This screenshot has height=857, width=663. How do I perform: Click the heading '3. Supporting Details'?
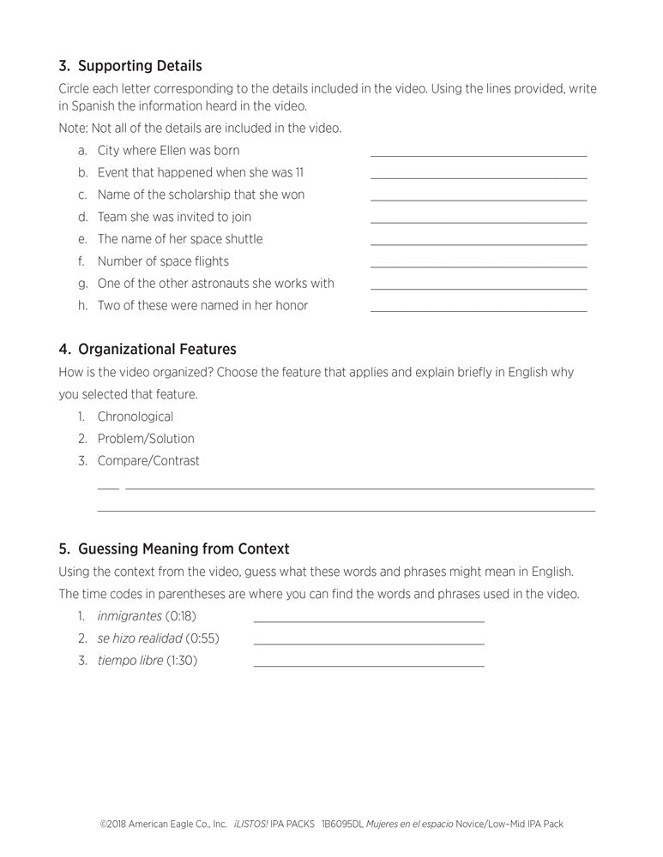coord(130,66)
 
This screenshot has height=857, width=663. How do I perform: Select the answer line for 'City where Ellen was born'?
coord(479,155)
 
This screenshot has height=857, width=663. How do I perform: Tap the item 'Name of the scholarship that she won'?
coord(201,195)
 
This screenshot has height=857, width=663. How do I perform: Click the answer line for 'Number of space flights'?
coord(479,267)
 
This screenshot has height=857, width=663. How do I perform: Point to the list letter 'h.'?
coord(83,305)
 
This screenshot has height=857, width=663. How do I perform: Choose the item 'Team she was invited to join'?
coord(174,217)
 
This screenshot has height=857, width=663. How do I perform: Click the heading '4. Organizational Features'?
coord(148,350)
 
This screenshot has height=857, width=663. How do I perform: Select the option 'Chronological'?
coord(135,417)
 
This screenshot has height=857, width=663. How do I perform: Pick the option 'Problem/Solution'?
coord(146,439)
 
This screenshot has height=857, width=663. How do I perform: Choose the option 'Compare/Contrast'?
coord(148,461)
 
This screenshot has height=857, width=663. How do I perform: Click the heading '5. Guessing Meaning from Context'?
coord(174,548)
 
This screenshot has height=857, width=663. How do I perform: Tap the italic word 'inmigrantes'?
coord(130,615)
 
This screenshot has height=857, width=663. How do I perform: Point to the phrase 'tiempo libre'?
coord(130,661)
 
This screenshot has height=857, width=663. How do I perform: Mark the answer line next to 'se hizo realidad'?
coord(369,643)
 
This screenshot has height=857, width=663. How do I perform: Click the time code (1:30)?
coord(182,661)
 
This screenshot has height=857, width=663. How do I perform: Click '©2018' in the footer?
coord(113,824)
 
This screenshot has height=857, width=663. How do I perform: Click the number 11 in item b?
coord(298,172)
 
